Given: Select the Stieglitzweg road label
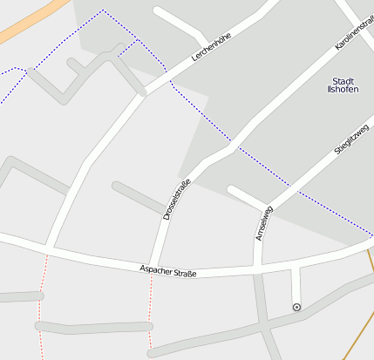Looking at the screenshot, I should [x=351, y=139].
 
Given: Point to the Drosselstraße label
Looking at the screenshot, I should [x=177, y=199].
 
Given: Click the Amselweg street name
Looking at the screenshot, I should [x=263, y=223].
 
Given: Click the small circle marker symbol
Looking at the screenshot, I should [x=297, y=307].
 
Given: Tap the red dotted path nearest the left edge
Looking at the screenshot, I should [x=40, y=305].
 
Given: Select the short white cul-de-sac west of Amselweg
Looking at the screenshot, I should [x=244, y=196].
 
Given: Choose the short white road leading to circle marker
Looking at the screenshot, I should [x=296, y=284].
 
